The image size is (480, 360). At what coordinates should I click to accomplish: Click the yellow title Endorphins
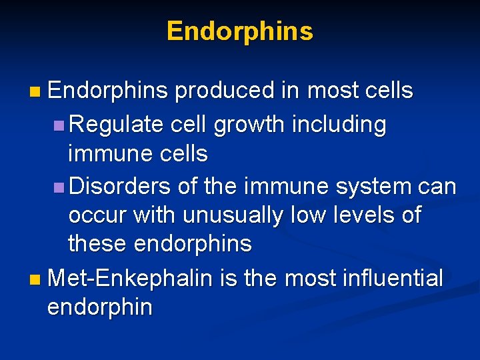coord(239,31)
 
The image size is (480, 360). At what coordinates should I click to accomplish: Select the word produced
coord(225,91)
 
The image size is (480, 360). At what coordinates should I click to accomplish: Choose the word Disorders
coord(120,186)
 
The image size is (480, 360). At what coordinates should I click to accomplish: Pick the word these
coord(98,244)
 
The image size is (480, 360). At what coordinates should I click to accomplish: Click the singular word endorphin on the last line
coord(100,307)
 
